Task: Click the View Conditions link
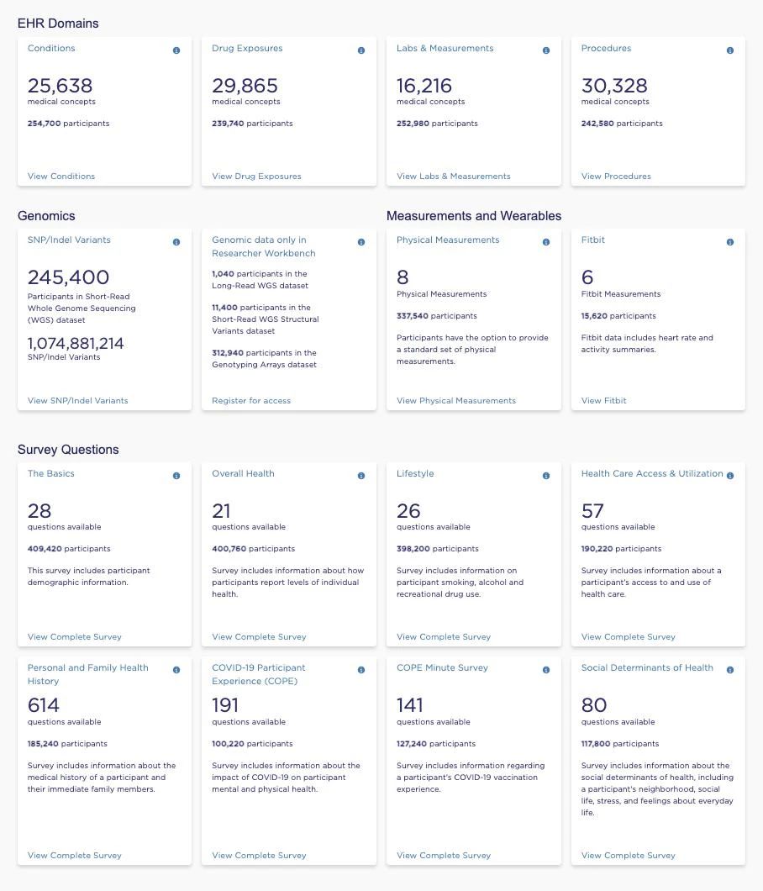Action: (61, 177)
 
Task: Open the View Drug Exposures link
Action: (256, 177)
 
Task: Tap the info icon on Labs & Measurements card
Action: (546, 50)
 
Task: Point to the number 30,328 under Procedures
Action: (614, 86)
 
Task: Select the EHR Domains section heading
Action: (58, 24)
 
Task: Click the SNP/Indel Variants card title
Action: (69, 240)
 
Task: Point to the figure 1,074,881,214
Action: (76, 343)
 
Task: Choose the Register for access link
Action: (251, 401)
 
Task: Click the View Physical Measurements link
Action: (456, 401)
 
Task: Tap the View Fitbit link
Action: (603, 401)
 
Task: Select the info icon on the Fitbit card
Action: (730, 242)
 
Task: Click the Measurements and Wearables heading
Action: (474, 216)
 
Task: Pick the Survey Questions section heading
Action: (68, 450)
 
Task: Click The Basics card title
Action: (51, 474)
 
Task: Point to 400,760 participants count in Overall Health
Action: (253, 549)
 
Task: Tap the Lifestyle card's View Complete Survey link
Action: (444, 637)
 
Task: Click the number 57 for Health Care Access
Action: (592, 511)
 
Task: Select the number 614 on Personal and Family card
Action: (44, 705)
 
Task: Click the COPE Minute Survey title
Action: (442, 668)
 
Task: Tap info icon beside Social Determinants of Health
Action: (730, 670)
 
